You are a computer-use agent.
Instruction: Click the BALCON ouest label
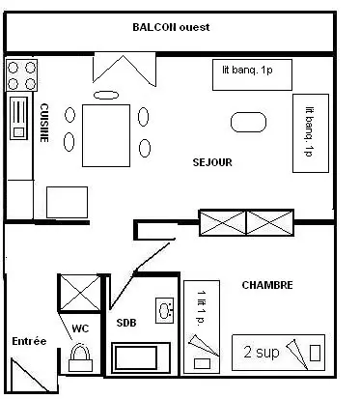[171, 27]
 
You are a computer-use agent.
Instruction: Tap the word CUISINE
[44, 123]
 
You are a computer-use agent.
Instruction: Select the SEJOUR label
[212, 162]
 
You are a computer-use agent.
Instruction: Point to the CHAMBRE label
[267, 285]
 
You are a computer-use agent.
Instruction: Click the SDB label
[126, 323]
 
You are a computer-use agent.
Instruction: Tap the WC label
[80, 328]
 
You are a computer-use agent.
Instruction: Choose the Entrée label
[29, 341]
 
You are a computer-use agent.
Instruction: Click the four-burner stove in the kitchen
[22, 75]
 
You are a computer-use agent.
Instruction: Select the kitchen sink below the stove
[19, 118]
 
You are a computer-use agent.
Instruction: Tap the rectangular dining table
[106, 135]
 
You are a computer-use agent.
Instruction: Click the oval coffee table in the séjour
[248, 122]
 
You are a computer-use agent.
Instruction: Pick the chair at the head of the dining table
[106, 95]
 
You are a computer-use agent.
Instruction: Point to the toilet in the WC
[80, 358]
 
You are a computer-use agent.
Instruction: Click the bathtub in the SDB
[141, 357]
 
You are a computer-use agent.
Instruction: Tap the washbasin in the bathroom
[165, 310]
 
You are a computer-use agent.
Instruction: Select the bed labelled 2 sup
[279, 353]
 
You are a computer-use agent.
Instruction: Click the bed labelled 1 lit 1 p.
[202, 327]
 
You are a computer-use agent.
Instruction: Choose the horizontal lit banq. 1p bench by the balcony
[252, 74]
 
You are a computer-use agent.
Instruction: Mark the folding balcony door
[125, 70]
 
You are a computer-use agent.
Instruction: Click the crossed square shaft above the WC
[80, 293]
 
